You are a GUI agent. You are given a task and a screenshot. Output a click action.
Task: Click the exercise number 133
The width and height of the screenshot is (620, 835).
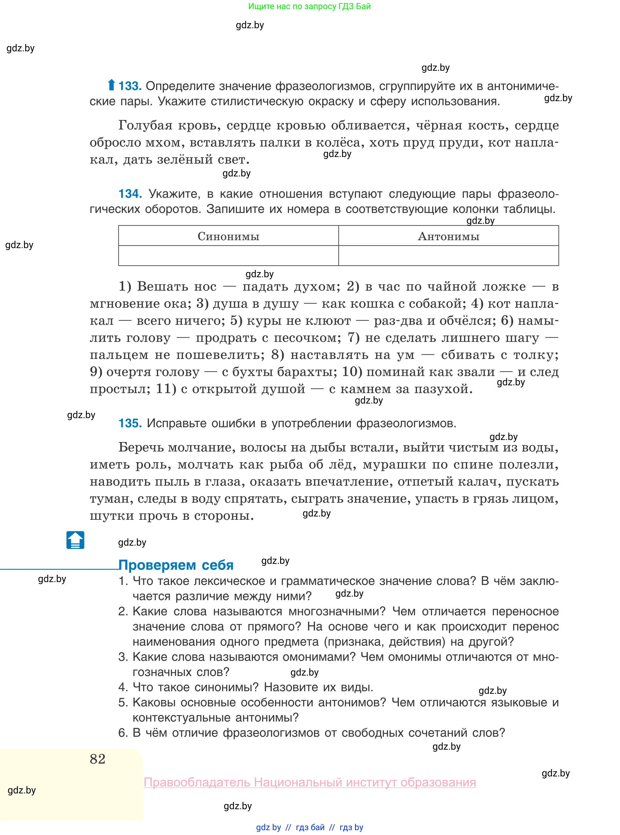pyautogui.click(x=130, y=86)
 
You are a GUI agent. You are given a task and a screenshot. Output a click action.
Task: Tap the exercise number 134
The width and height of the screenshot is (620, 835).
pyautogui.click(x=130, y=194)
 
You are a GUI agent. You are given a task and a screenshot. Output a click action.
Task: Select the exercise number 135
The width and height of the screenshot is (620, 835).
pyautogui.click(x=130, y=423)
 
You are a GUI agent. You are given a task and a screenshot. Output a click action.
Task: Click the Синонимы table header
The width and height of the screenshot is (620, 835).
pyautogui.click(x=228, y=236)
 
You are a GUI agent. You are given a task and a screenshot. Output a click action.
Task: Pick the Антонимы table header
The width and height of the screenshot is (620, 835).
pyautogui.click(x=449, y=236)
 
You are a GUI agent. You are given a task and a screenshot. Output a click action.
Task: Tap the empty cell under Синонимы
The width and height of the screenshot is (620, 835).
pyautogui.click(x=228, y=256)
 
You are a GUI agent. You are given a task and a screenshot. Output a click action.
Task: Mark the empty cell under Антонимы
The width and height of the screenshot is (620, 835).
pyautogui.click(x=449, y=256)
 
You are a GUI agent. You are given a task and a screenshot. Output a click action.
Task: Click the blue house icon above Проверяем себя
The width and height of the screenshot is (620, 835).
pyautogui.click(x=76, y=540)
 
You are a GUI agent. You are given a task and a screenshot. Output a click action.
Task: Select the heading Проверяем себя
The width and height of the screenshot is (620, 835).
pyautogui.click(x=176, y=565)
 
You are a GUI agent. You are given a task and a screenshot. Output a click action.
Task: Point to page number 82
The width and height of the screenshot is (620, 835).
pyautogui.click(x=98, y=759)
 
